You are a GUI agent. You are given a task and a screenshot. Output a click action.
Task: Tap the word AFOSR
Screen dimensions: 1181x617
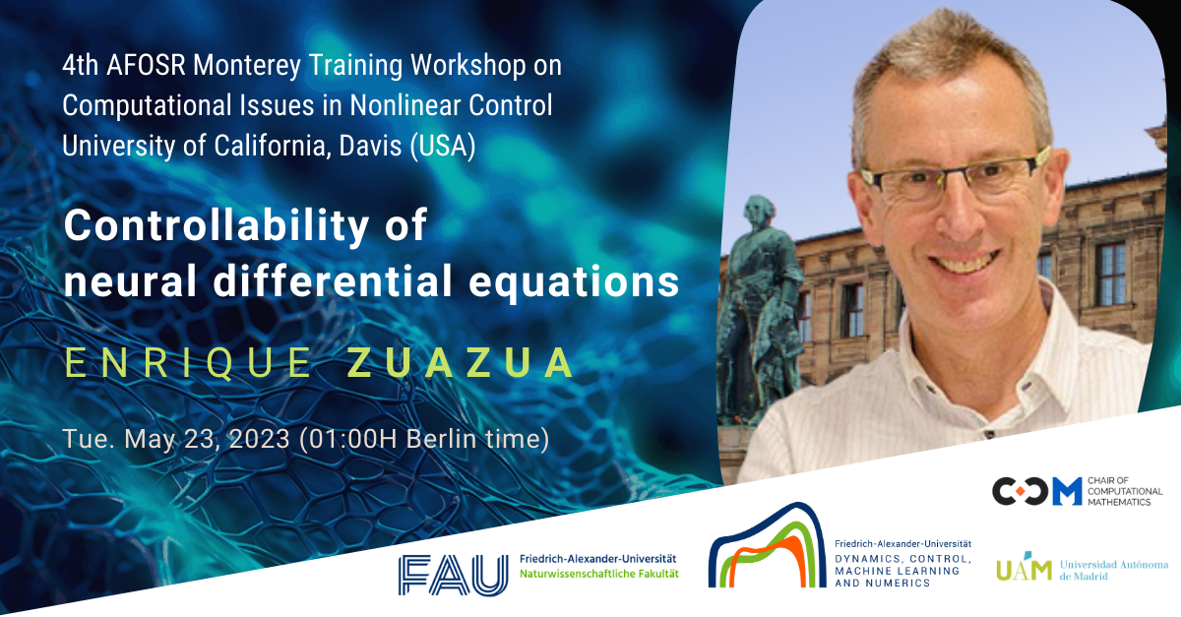tap(146, 65)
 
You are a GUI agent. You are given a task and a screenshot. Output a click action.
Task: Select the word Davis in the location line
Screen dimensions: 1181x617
tap(370, 146)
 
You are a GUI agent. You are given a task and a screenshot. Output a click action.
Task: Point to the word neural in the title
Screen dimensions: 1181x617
tap(130, 280)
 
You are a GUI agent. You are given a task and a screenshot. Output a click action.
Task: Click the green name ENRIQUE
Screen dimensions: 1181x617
tap(188, 363)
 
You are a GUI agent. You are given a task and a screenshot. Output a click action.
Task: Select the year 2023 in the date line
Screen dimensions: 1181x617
tap(260, 439)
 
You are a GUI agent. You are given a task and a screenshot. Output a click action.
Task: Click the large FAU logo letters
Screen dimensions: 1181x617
tap(454, 575)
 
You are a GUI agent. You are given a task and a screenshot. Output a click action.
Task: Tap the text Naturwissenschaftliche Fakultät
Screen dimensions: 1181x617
tap(599, 575)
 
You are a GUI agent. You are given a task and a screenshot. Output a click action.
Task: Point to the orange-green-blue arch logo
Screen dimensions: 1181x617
tap(767, 546)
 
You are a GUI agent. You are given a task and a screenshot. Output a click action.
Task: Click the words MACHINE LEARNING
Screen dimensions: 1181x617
tap(897, 571)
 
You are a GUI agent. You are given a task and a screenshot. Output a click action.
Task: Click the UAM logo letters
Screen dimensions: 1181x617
tap(1024, 568)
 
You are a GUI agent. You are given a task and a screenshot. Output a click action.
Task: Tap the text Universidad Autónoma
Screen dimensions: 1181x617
tap(1113, 565)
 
